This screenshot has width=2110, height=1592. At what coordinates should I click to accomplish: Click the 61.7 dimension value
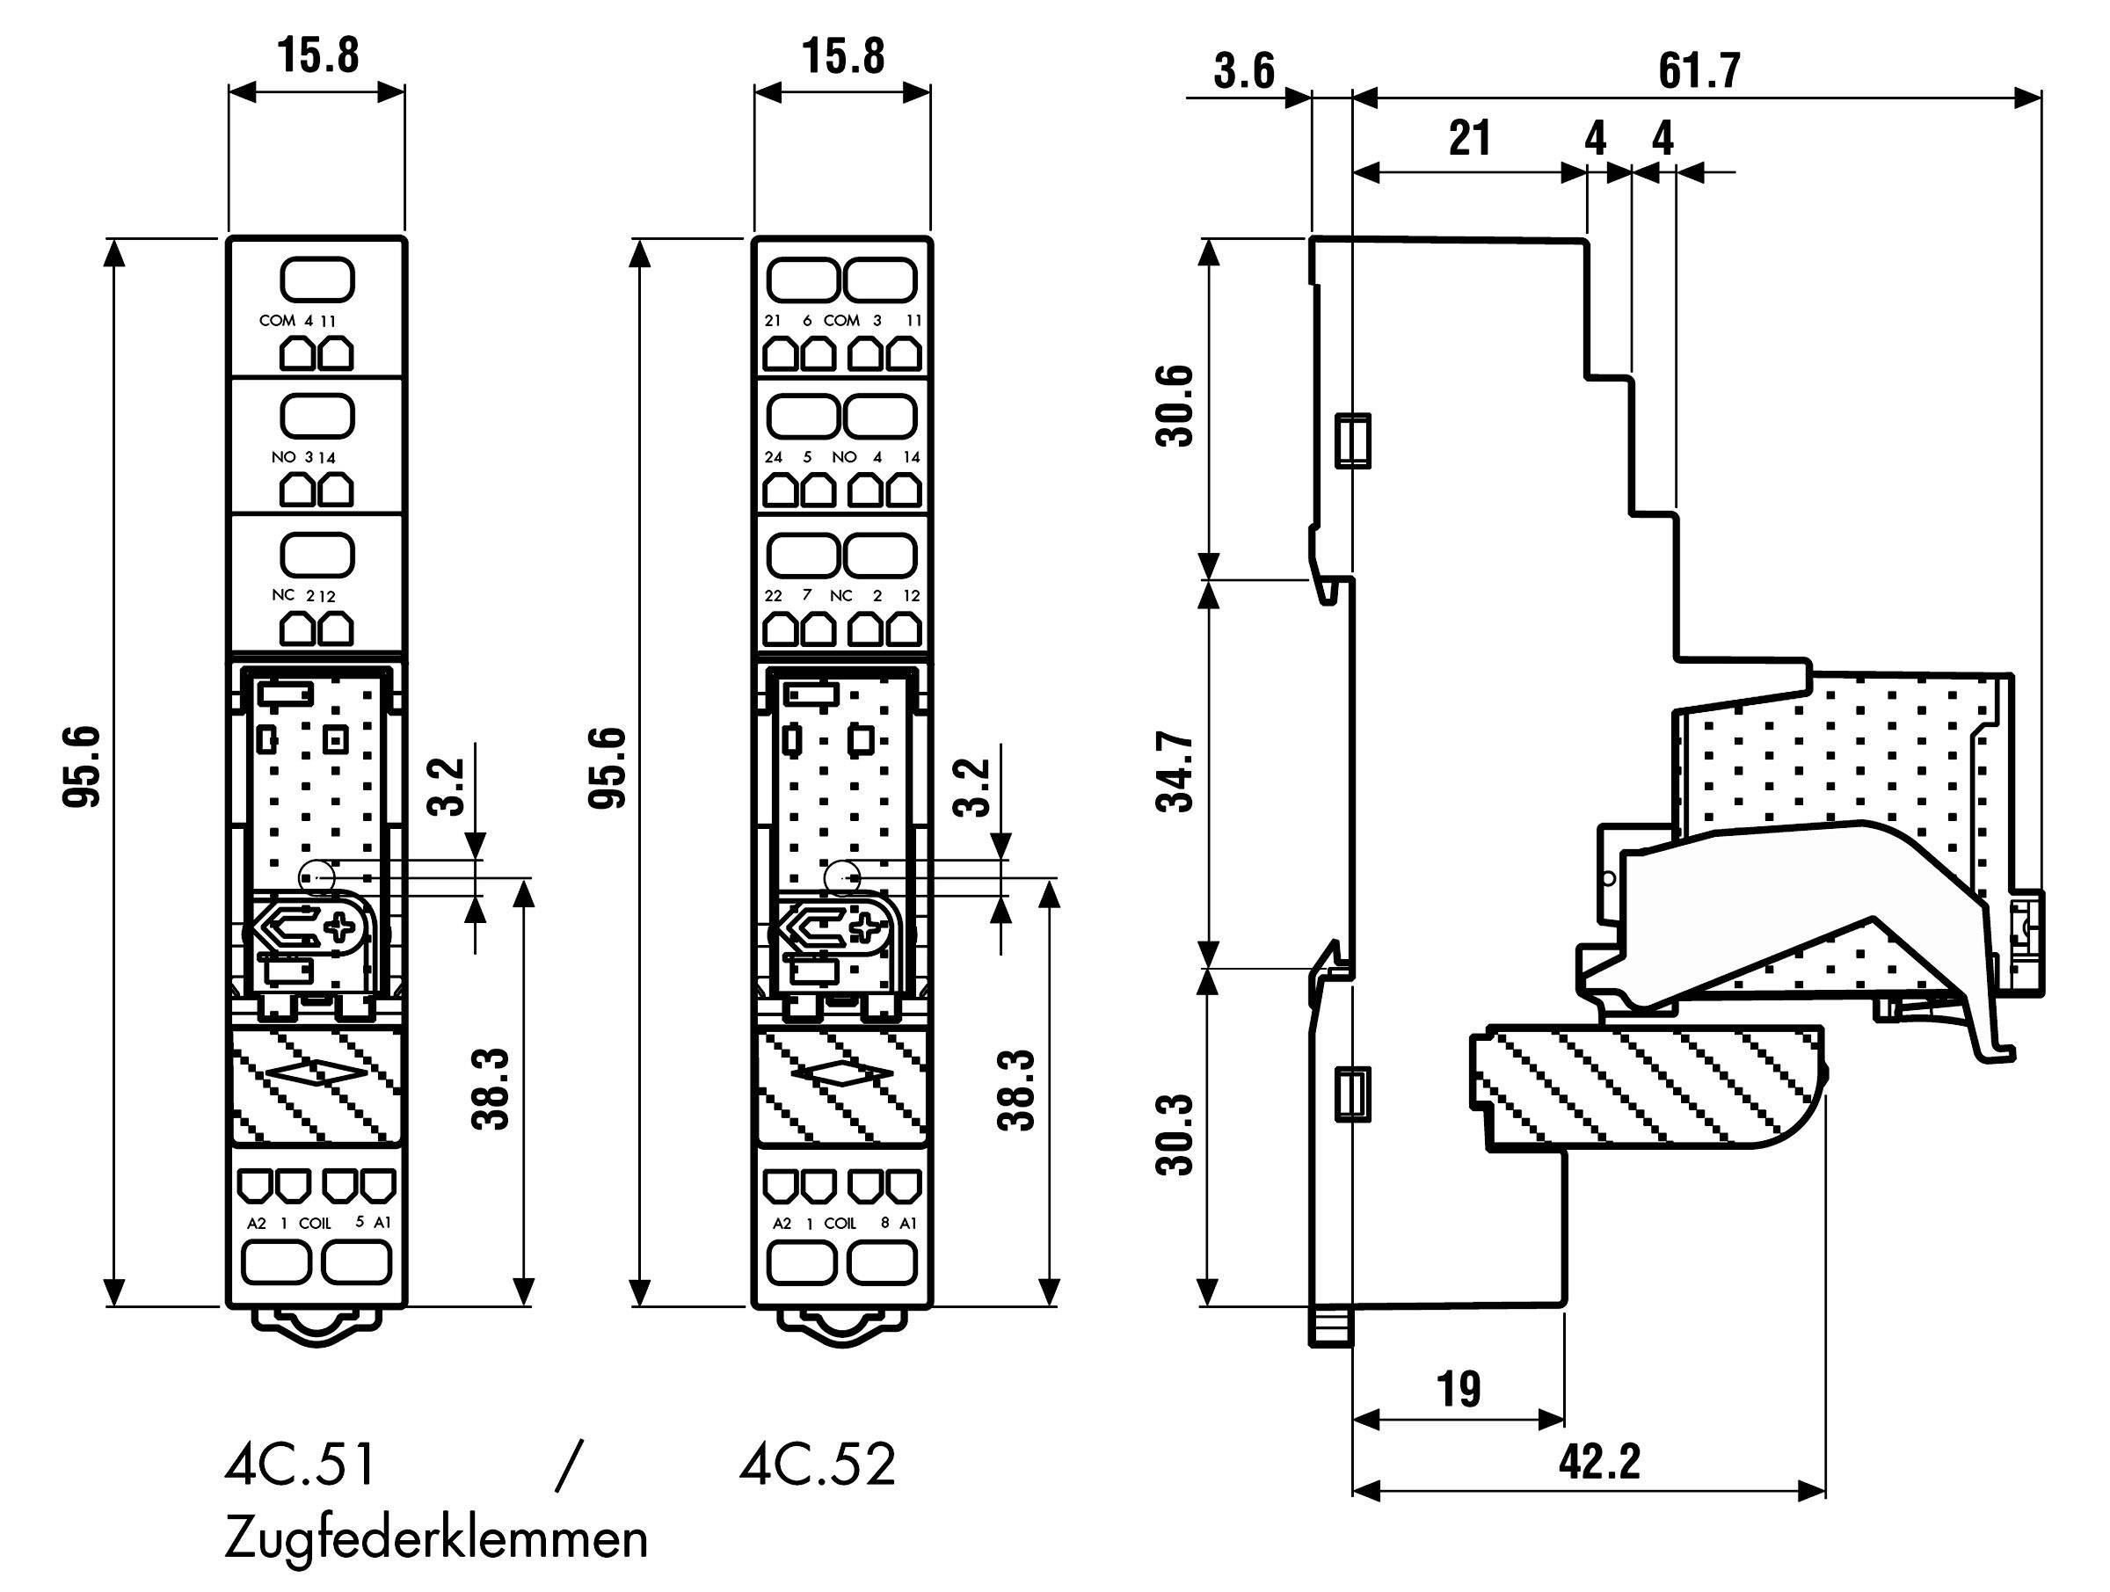[1699, 69]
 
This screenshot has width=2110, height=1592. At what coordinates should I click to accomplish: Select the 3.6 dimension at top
[1244, 71]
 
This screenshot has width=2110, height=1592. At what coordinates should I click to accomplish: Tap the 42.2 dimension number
[1600, 1462]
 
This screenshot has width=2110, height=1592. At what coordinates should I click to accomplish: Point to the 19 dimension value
[1459, 1390]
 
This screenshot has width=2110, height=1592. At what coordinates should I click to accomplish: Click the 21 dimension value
[1469, 139]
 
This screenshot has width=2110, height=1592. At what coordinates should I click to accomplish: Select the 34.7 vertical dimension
[1175, 773]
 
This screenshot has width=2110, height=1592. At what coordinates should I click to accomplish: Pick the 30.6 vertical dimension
[1175, 405]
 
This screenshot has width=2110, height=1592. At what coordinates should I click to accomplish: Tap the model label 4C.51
[301, 1465]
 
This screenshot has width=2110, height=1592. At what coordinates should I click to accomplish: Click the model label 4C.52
[819, 1465]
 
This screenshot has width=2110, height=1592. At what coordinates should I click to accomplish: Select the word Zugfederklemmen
[436, 1537]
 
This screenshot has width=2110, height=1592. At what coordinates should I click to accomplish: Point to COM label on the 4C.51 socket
[277, 321]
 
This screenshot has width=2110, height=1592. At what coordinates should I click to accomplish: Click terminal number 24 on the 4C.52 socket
[773, 458]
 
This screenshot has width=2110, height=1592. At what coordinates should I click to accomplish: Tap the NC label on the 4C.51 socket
[282, 595]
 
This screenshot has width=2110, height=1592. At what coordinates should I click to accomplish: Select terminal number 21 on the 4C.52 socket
[773, 321]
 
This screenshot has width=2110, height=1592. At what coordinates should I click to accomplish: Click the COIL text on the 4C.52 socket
[840, 1223]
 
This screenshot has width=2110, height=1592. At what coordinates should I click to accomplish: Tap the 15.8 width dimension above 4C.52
[842, 56]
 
